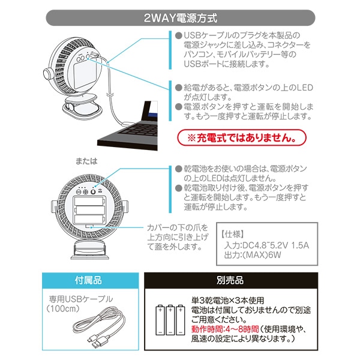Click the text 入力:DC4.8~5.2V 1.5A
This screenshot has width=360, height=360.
click(x=266, y=245)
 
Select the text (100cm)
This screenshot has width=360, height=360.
click(x=63, y=308)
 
